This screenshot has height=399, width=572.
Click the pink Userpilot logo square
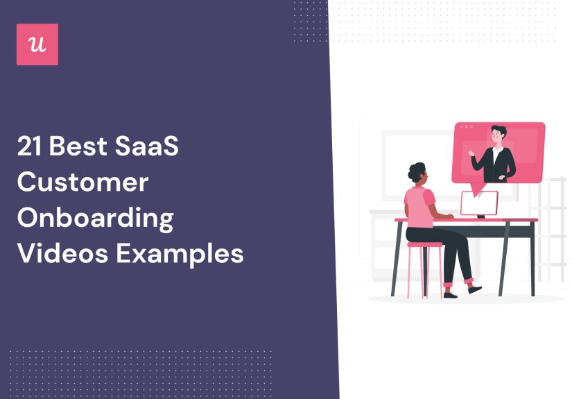[37, 44]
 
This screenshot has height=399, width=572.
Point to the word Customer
[83, 182]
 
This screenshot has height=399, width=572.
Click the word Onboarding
[95, 218]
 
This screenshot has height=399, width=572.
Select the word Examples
[180, 254]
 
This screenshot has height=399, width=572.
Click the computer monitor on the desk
[479, 203]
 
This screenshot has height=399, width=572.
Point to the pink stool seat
[424, 244]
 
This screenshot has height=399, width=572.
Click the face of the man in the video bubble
[497, 135]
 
